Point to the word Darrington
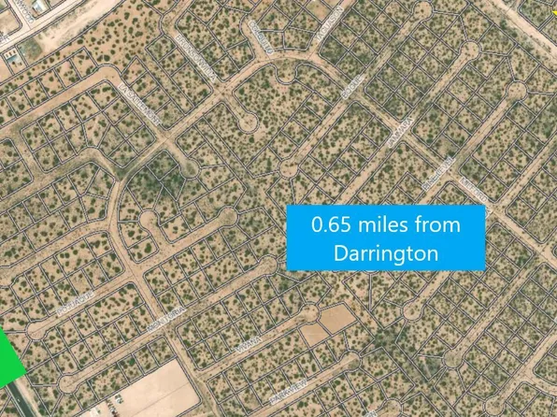[x=385, y=252]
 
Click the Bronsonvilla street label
[x=197, y=59]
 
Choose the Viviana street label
[x=253, y=361]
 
